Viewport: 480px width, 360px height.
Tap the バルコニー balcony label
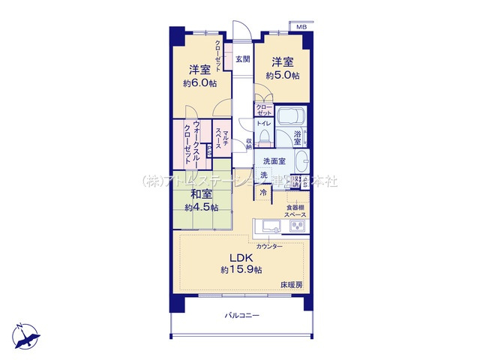[x=241, y=316]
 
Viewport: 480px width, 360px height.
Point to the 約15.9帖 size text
[x=241, y=270]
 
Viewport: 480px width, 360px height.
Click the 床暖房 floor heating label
[x=292, y=284]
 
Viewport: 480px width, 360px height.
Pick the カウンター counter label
[x=269, y=246]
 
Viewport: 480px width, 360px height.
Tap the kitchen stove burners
[x=297, y=226]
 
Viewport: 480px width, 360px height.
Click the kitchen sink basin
[x=269, y=226]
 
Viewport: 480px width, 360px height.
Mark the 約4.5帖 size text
[x=200, y=207]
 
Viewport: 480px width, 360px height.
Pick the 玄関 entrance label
[x=241, y=59]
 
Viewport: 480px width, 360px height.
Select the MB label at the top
[x=301, y=28]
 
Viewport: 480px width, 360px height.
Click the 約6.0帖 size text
[x=199, y=83]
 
